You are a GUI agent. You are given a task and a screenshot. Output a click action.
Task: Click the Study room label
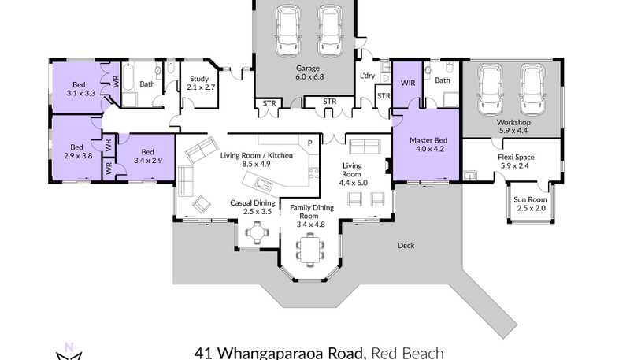point(199,79)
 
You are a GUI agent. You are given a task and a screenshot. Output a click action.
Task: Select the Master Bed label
point(428,140)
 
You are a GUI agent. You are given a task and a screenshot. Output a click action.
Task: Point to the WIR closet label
point(408,83)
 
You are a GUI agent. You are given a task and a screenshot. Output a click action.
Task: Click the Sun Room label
point(530,199)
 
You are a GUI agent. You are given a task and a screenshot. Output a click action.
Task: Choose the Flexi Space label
point(516,157)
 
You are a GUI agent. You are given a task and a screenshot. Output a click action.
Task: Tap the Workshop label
point(513,122)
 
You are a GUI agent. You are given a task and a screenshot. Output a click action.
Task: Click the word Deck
point(406,246)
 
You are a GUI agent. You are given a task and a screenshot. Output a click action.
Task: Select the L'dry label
point(367,75)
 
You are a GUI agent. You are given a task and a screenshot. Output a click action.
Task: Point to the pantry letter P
point(309,143)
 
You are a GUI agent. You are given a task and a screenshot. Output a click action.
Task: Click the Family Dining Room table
point(309,250)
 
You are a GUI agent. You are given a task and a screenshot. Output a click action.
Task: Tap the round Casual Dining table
point(256,232)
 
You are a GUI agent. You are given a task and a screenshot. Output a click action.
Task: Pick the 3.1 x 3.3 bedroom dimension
point(81,93)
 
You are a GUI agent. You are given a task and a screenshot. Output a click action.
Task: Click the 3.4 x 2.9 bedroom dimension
point(148,161)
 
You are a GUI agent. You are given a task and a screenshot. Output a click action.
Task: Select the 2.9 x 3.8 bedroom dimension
point(78,155)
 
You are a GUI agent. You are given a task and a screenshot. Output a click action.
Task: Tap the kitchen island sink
point(263,185)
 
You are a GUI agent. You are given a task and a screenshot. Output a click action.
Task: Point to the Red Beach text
point(407,354)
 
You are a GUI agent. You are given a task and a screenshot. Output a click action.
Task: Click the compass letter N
point(69,347)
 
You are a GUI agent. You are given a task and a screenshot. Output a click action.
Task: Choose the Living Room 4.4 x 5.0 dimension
point(353,183)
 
